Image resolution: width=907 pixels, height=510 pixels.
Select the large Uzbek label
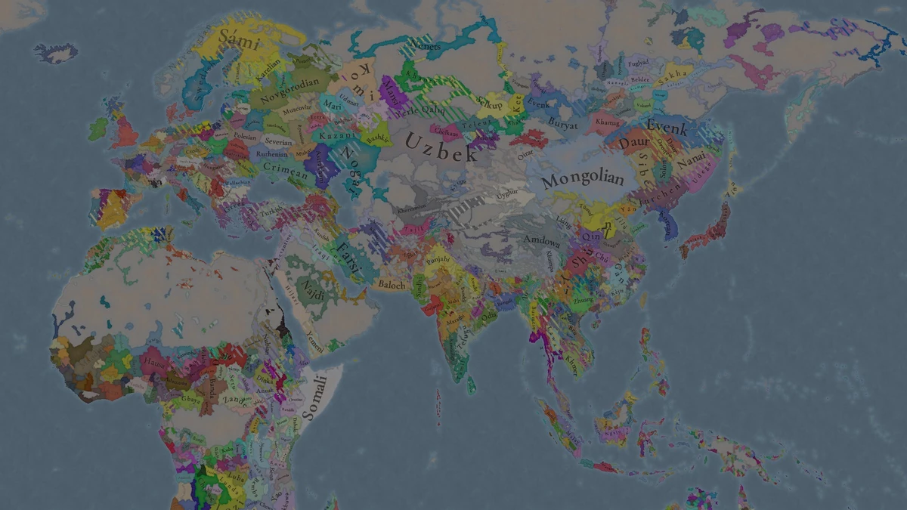tap(441, 147)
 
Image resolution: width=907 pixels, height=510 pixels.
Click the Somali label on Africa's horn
tap(316, 398)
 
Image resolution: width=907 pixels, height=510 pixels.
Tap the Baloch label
tap(392, 285)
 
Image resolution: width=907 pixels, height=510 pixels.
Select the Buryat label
tap(563, 125)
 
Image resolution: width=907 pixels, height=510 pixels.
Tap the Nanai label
tap(692, 161)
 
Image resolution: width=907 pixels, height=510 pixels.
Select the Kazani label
tap(333, 134)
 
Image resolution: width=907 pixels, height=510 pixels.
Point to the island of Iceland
tap(56, 51)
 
